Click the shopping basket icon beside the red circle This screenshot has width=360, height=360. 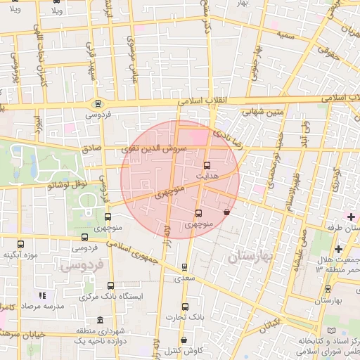point(226,211)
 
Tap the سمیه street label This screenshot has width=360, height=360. point(285,34)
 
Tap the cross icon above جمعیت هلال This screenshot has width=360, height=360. point(340,250)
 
